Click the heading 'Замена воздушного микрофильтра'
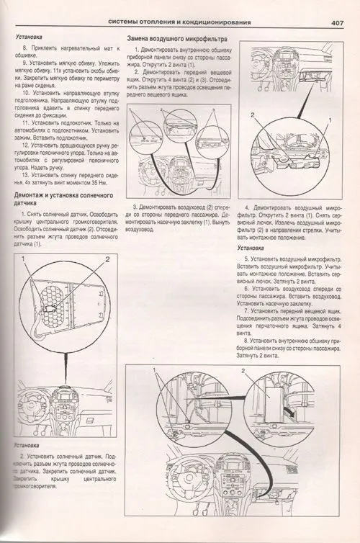tap(177, 37)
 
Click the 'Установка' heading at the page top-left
tap(32, 36)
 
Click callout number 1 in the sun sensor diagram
tap(24, 259)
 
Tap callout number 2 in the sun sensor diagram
tap(108, 259)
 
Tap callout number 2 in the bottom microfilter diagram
tap(244, 371)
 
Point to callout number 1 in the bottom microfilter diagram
tap(155, 371)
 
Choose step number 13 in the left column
tap(25, 175)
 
